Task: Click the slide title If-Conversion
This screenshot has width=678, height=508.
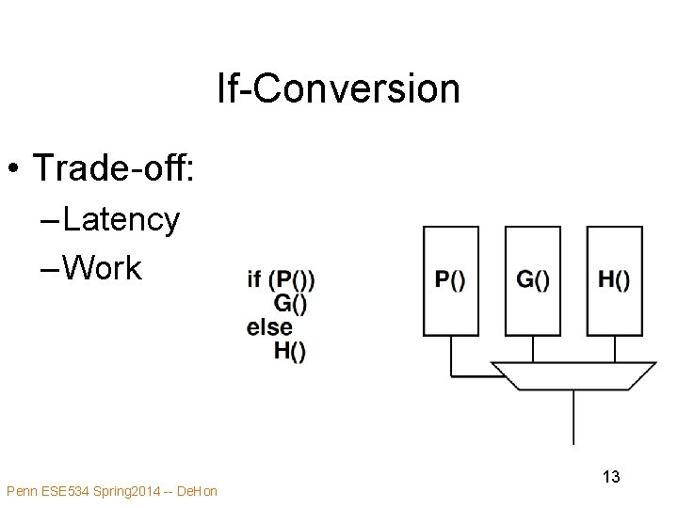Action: click(338, 89)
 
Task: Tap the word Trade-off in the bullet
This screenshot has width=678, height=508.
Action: click(113, 167)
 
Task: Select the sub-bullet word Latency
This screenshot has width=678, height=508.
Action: click(121, 219)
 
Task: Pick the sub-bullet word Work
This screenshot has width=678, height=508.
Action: click(103, 269)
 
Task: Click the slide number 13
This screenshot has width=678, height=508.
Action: click(611, 477)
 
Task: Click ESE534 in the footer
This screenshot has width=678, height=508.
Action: click(64, 491)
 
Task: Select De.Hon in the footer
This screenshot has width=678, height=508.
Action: click(197, 491)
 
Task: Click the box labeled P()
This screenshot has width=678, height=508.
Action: click(451, 280)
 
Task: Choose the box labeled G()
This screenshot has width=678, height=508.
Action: click(533, 280)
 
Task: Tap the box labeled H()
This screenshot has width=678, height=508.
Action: click(614, 280)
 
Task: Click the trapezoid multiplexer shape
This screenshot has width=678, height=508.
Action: click(573, 375)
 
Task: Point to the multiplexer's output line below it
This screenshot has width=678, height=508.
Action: click(573, 419)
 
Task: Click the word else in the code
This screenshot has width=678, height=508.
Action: click(269, 327)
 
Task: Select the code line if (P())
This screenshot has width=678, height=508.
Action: click(281, 279)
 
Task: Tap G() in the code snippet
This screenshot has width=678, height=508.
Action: click(290, 303)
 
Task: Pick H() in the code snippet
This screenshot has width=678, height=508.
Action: click(290, 351)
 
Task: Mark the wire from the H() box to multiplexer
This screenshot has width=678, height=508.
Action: click(614, 349)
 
